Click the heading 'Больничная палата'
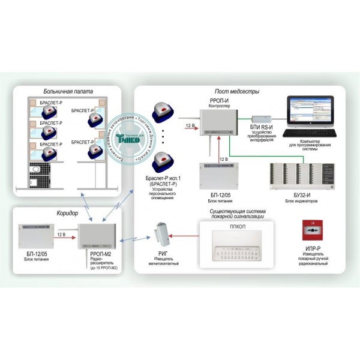pyautogui.click(x=67, y=92)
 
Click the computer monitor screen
pyautogui.click(x=313, y=110)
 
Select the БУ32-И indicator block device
pyautogui.click(x=301, y=178)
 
